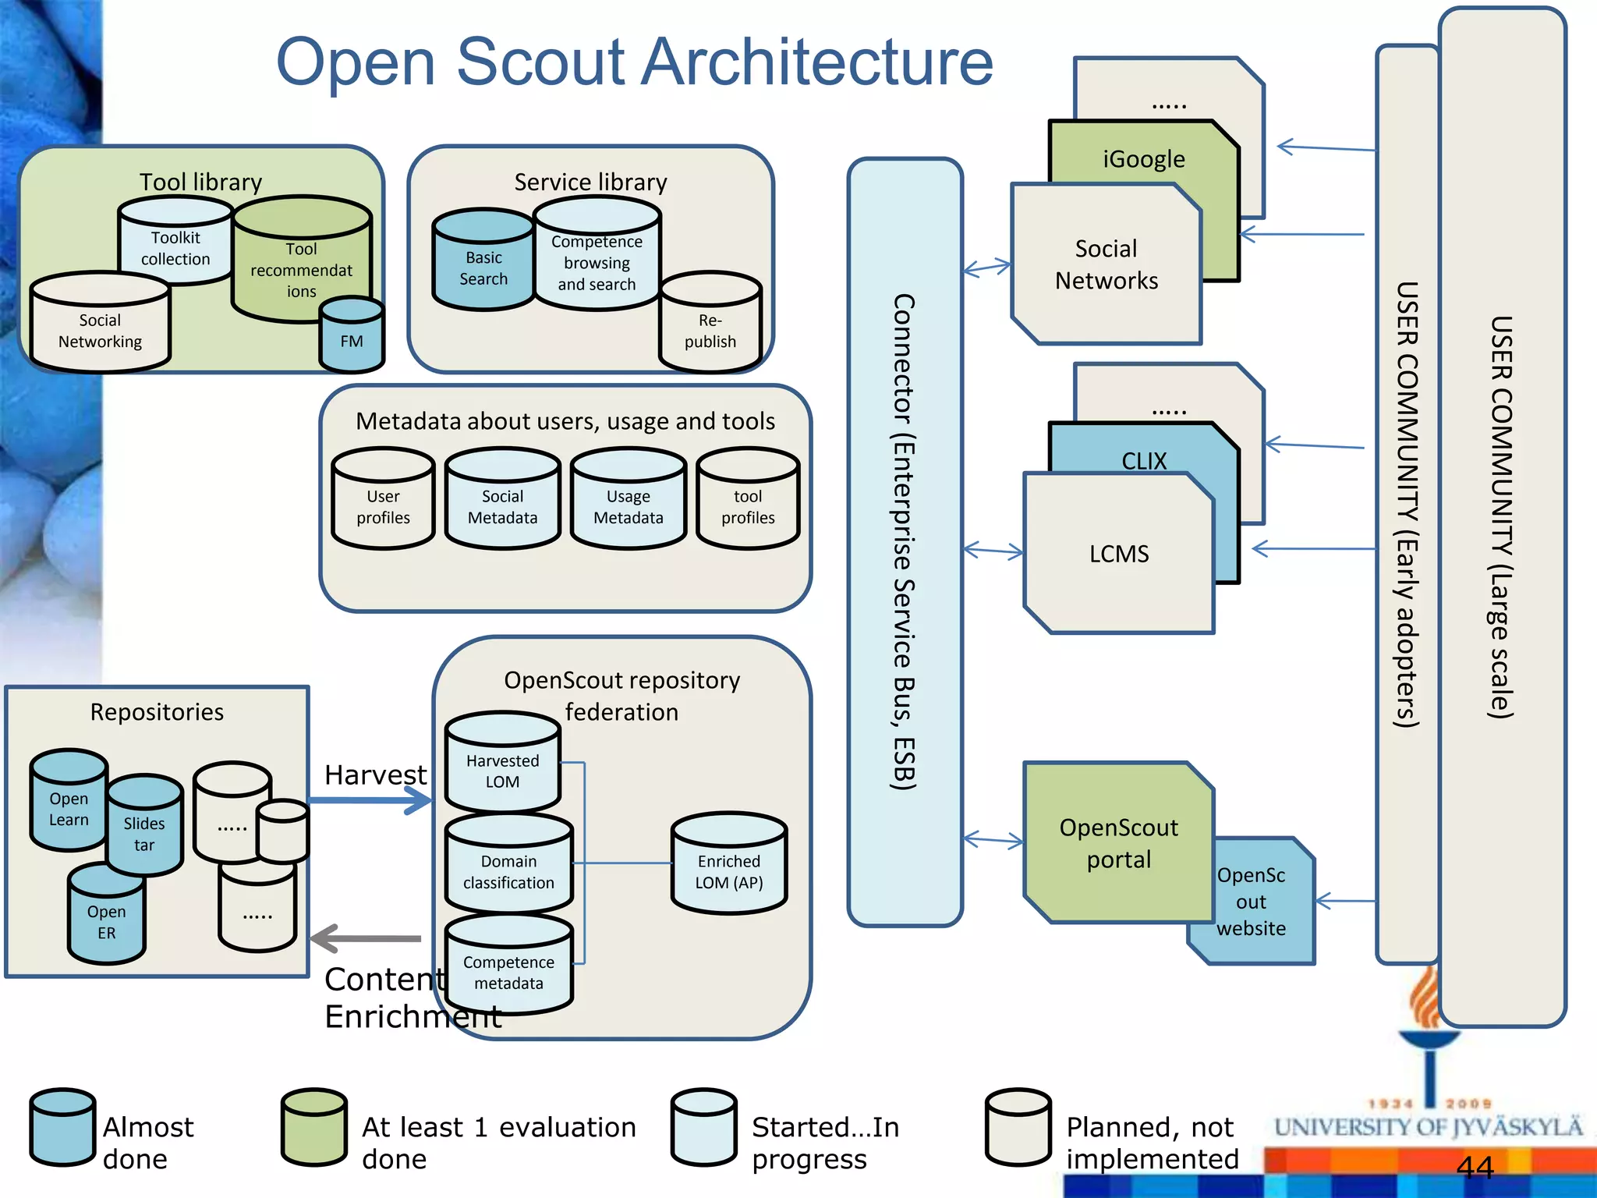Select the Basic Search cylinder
(x=483, y=265)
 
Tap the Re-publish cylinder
(x=710, y=328)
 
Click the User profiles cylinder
(x=383, y=503)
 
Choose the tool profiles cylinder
(x=748, y=503)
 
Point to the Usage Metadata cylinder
(x=629, y=503)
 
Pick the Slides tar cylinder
(x=144, y=831)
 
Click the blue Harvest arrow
(x=370, y=800)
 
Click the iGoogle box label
(x=1143, y=159)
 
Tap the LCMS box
(x=1119, y=554)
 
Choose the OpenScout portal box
(x=1118, y=843)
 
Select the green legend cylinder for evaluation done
(x=314, y=1128)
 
